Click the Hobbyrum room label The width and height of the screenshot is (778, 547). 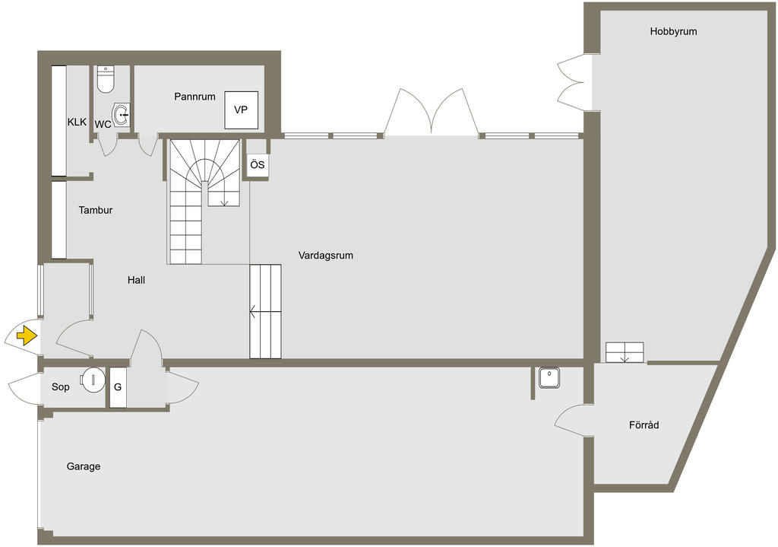673,31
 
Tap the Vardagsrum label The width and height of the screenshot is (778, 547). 325,256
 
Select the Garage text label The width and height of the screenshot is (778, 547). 84,466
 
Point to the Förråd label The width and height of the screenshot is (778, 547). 644,425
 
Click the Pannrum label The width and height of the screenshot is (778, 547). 194,97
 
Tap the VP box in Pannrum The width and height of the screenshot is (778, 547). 241,110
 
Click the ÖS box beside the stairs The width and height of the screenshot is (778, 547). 258,164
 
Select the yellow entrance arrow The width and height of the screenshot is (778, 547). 27,336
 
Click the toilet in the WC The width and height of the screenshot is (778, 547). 106,79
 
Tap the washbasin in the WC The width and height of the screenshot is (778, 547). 121,116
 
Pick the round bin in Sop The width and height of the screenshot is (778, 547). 93,380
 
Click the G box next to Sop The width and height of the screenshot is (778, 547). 118,387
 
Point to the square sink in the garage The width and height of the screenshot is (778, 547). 549,378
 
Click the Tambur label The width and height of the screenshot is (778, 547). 96,210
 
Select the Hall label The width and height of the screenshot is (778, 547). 137,280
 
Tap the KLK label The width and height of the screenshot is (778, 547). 77,122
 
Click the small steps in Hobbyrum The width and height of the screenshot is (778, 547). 625,352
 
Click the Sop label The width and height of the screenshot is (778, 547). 61,386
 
